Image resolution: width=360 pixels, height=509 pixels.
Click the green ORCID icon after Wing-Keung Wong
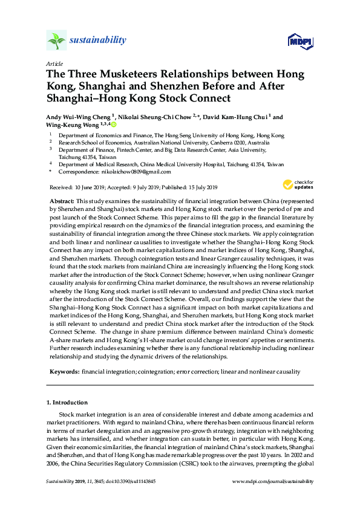click(113, 126)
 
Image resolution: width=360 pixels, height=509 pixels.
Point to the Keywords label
click(64, 371)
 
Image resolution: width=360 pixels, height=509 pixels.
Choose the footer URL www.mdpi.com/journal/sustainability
click(273, 481)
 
